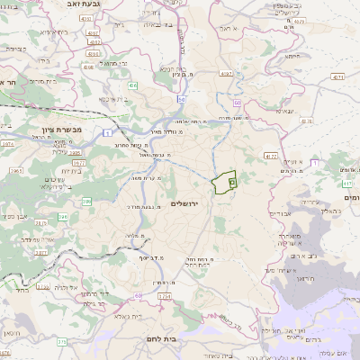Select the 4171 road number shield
[x=339, y=77]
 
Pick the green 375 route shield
[x=62, y=342]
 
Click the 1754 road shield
[x=163, y=295]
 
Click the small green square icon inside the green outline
[x=232, y=182]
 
